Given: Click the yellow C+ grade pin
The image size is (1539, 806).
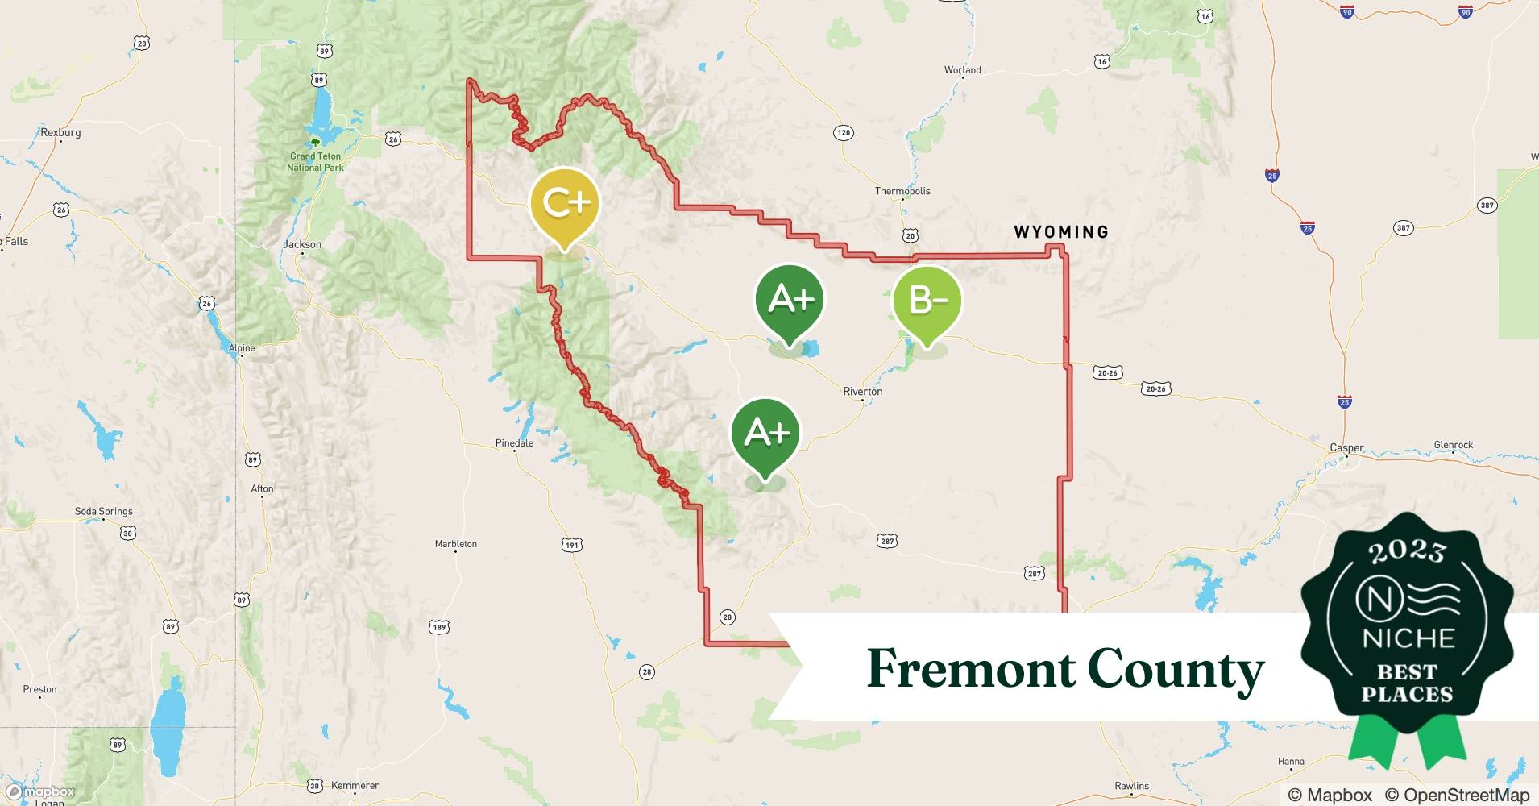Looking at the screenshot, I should pyautogui.click(x=565, y=203).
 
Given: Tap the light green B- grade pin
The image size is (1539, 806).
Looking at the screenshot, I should pyautogui.click(x=927, y=301).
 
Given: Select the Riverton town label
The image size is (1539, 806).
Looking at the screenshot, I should pyautogui.click(x=862, y=392).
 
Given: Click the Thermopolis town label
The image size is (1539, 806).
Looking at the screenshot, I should pyautogui.click(x=902, y=191).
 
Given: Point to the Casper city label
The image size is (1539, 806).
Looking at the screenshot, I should pyautogui.click(x=1346, y=448).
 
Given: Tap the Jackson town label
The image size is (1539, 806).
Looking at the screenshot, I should pyautogui.click(x=302, y=244).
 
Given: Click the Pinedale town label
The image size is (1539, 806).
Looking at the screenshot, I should pyautogui.click(x=514, y=443).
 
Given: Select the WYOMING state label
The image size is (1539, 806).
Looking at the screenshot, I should pyautogui.click(x=1060, y=232).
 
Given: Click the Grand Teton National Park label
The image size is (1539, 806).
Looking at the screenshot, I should pyautogui.click(x=315, y=162).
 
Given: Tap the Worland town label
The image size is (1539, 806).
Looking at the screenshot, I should pyautogui.click(x=962, y=70).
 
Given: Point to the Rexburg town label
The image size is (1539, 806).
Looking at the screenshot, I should pyautogui.click(x=60, y=132).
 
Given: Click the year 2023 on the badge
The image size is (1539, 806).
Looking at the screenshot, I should pyautogui.click(x=1407, y=551).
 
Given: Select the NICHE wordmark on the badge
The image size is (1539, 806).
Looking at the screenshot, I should pyautogui.click(x=1408, y=638).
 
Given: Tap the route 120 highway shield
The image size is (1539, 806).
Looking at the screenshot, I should pyautogui.click(x=843, y=132).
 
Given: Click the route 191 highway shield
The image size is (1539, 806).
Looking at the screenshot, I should pyautogui.click(x=571, y=546).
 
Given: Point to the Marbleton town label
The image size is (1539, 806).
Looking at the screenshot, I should pyautogui.click(x=455, y=544).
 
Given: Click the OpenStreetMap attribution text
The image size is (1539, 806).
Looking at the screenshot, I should pyautogui.click(x=1456, y=795).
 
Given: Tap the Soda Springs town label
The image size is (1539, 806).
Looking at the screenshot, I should pyautogui.click(x=103, y=511).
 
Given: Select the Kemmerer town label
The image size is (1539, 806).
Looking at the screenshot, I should pyautogui.click(x=355, y=785).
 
